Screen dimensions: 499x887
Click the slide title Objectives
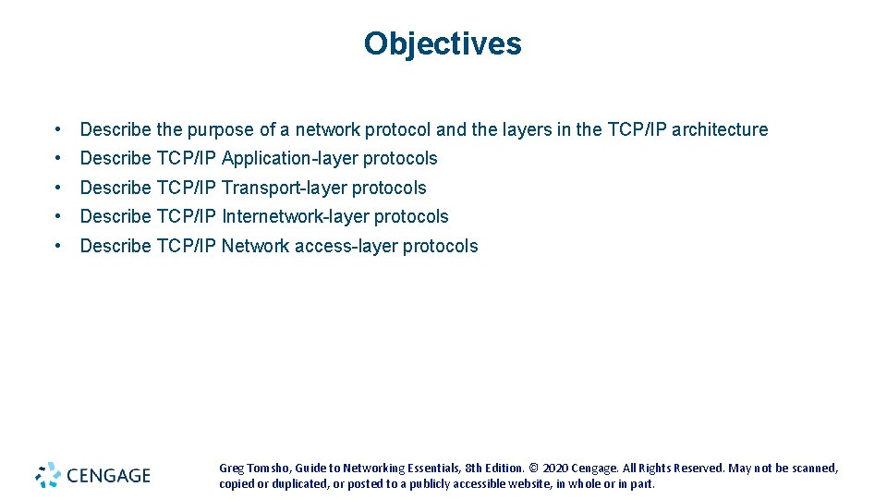[x=443, y=43]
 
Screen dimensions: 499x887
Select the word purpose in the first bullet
[x=219, y=130]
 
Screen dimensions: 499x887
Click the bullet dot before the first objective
[x=58, y=129]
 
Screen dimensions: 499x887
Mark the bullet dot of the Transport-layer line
[x=58, y=188]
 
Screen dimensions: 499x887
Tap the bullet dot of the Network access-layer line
[x=58, y=246]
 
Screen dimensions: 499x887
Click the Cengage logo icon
[x=48, y=475]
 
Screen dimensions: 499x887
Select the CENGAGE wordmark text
[x=107, y=476]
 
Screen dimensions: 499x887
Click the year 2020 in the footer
[x=558, y=469]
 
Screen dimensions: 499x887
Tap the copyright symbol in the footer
[x=534, y=469]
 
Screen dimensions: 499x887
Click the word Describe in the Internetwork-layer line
[x=115, y=216]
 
